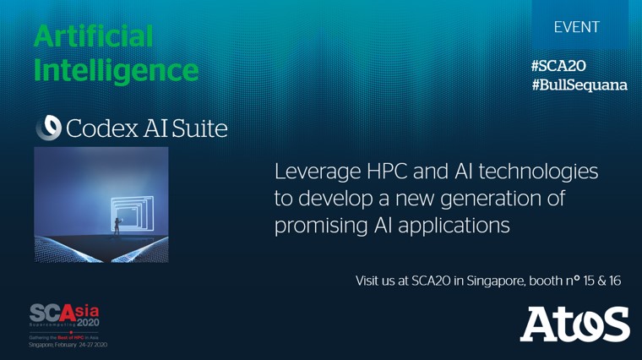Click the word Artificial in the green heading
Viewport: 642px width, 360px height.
click(x=94, y=36)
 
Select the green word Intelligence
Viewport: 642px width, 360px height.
click(x=117, y=69)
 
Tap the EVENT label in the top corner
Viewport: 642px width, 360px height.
click(x=577, y=27)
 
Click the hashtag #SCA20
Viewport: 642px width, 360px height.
click(x=558, y=66)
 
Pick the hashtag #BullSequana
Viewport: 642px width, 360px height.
click(x=579, y=85)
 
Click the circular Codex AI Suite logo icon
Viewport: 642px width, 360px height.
click(x=47, y=128)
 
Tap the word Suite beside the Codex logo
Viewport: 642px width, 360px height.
click(x=200, y=128)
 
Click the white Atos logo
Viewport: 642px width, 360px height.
click(x=574, y=324)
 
